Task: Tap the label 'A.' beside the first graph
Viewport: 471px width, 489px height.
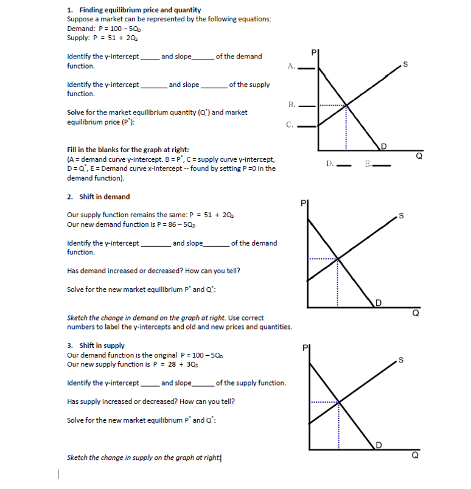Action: [x=292, y=66]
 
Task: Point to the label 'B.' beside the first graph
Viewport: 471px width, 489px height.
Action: [x=292, y=105]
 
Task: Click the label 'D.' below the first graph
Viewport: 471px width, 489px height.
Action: [x=329, y=163]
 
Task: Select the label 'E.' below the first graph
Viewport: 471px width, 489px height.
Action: [x=368, y=163]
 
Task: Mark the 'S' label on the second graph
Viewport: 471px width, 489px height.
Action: [x=400, y=215]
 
